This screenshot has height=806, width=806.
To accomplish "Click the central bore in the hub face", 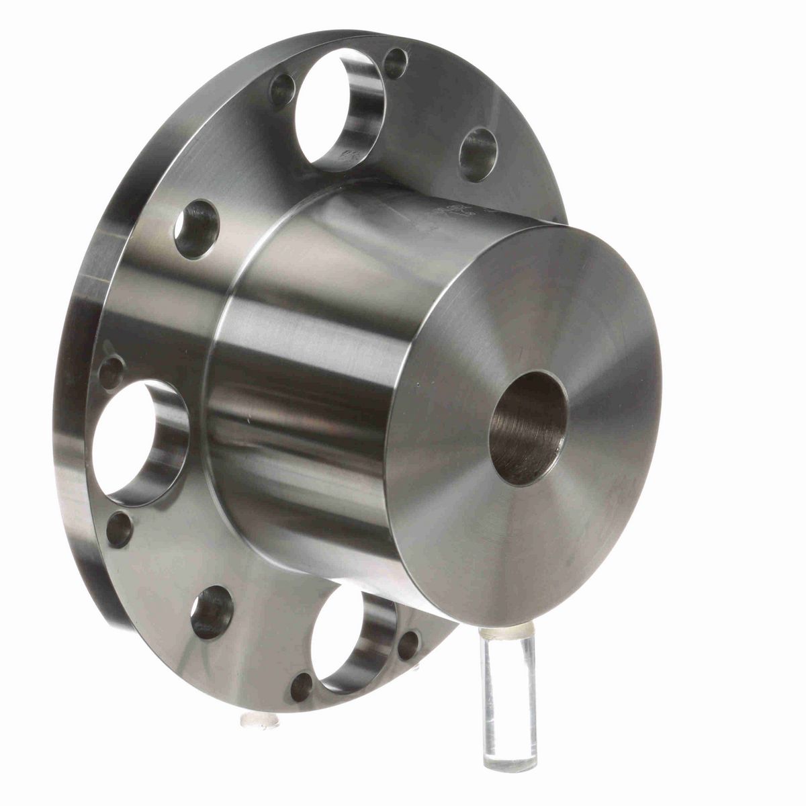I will click(x=529, y=427).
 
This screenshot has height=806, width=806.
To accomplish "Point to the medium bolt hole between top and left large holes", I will click(x=197, y=229).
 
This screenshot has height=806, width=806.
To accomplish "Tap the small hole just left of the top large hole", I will click(x=282, y=89).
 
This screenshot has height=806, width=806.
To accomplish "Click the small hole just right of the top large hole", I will click(x=396, y=62).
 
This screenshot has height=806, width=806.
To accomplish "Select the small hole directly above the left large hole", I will click(x=111, y=371).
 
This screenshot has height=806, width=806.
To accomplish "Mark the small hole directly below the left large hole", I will click(x=119, y=529).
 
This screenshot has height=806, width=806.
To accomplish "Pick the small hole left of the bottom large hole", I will click(x=301, y=686).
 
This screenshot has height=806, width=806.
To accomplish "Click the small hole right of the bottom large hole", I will click(x=408, y=645).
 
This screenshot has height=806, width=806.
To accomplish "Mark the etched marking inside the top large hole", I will click(x=350, y=156).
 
